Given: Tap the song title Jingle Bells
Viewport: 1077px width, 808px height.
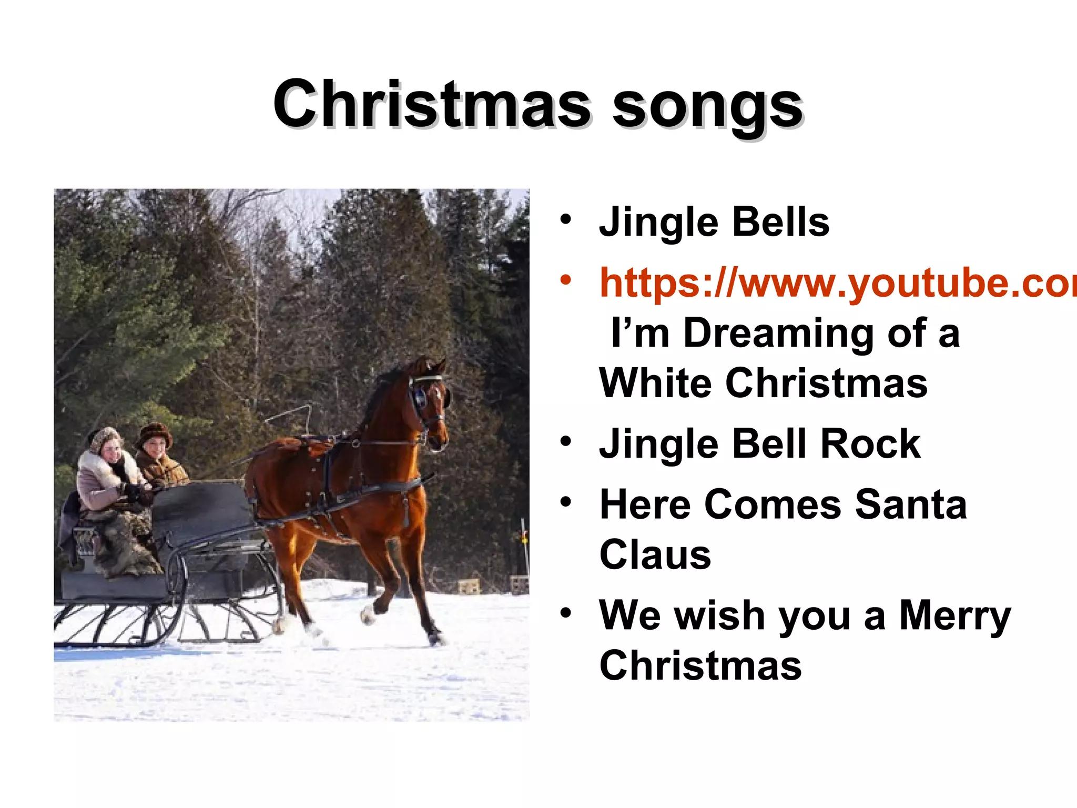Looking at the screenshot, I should (714, 223).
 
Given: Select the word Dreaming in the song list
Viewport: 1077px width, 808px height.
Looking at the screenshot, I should (778, 333).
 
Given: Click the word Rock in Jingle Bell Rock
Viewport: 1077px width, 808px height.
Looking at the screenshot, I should (870, 444).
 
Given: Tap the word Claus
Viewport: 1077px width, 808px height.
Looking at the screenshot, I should (655, 555).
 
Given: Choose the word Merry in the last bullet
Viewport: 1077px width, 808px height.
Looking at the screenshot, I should (954, 615).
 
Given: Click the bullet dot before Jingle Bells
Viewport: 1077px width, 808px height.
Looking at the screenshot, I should (565, 220).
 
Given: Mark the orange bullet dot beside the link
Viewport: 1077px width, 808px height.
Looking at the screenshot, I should (565, 280).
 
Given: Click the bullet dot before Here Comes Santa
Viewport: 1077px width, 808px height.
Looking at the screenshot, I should (565, 502).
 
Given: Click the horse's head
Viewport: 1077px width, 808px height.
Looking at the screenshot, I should (429, 400).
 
